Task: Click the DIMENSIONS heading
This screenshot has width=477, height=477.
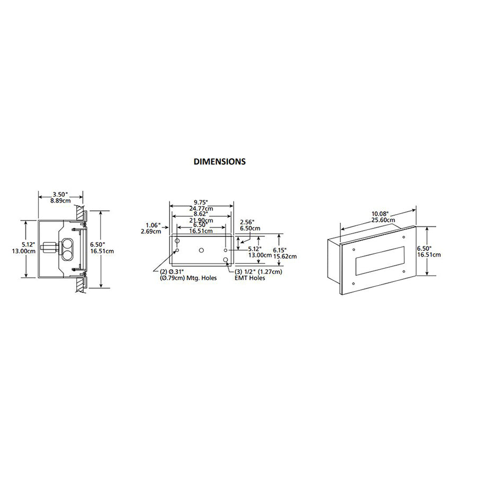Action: click(x=219, y=161)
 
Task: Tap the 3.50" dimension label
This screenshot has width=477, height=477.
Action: click(x=60, y=195)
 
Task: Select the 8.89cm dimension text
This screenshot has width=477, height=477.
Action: click(x=60, y=201)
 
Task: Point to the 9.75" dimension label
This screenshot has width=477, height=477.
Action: click(x=200, y=202)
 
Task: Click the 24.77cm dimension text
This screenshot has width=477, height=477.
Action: click(x=201, y=209)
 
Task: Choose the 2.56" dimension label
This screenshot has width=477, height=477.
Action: click(x=247, y=222)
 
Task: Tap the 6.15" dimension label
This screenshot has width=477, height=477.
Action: click(x=280, y=250)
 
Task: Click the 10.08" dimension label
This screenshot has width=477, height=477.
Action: click(x=380, y=214)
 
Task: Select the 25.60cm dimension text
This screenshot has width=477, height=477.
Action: click(x=383, y=220)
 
